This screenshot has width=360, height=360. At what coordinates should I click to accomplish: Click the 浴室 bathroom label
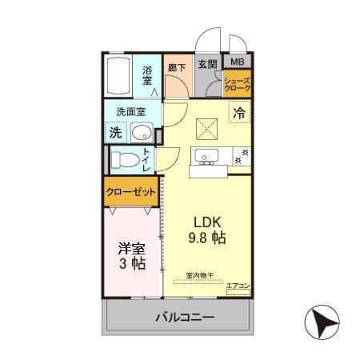[x=148, y=74]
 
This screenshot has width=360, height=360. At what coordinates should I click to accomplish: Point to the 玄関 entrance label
[x=207, y=63]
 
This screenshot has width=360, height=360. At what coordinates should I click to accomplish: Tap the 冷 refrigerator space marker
[x=238, y=114]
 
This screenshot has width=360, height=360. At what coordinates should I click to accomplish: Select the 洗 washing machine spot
[x=115, y=133]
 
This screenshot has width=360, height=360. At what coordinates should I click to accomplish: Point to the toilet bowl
[x=124, y=160]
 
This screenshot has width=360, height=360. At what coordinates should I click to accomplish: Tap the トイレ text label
[x=147, y=160]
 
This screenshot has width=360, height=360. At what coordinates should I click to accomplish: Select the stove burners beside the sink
[x=240, y=156]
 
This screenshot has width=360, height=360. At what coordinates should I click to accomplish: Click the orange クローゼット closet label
[x=130, y=193]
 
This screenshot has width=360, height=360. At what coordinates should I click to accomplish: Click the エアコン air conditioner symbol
[x=238, y=290]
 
